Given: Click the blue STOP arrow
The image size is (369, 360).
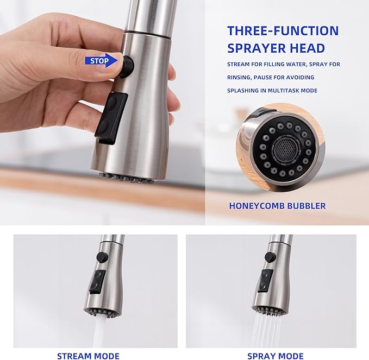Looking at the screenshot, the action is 101,61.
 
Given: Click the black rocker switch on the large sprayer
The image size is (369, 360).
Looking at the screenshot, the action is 111,118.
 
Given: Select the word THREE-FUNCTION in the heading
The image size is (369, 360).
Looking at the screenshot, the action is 283,31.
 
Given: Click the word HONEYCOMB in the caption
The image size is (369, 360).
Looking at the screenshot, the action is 257,206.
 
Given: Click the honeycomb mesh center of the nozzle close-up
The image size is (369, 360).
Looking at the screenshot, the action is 285,149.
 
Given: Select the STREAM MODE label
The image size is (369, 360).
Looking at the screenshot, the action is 88,356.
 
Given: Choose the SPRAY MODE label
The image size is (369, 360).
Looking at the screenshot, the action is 276,356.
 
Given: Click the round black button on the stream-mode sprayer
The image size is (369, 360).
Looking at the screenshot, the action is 102,257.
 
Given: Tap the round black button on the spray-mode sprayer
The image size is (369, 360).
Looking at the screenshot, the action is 270,257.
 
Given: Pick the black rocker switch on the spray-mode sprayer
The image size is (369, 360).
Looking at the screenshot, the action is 265,281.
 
